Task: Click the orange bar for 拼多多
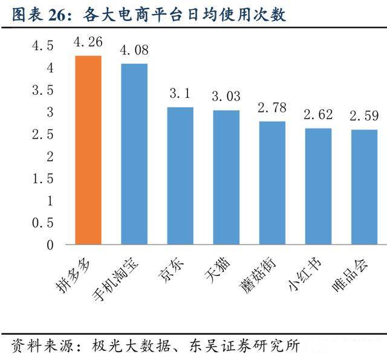click(88, 150)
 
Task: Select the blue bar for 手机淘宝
click(134, 154)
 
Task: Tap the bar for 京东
click(180, 176)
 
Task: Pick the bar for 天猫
click(226, 178)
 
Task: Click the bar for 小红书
click(318, 187)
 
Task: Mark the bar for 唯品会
click(364, 187)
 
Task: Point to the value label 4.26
click(88, 42)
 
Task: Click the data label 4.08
click(134, 50)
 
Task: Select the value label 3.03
click(226, 96)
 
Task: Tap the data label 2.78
click(272, 108)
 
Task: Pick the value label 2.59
click(364, 115)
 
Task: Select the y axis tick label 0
click(50, 245)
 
